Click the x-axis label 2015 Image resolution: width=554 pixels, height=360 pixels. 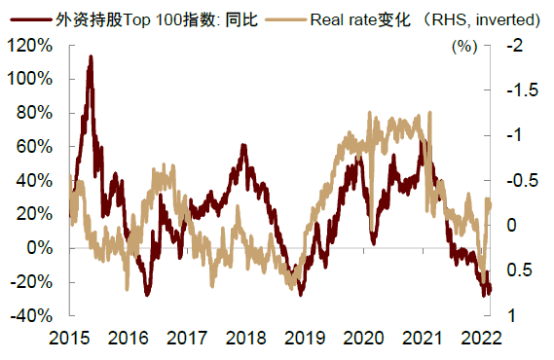[x=70, y=338]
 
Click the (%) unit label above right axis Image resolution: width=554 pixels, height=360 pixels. [x=464, y=46]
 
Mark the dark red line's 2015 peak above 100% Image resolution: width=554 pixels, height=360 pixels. [x=91, y=57]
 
